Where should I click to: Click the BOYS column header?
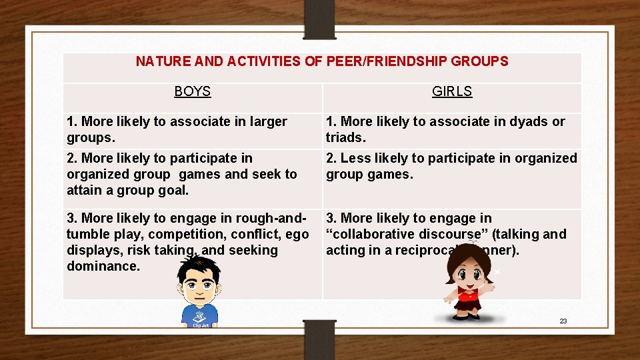coord(192,91)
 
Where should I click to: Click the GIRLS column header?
coord(452,91)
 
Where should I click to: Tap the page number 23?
coord(563,321)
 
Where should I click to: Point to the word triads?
coord(345,137)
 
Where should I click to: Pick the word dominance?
coord(103,266)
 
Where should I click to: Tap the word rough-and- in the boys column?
coord(272,218)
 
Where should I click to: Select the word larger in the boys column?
coord(267,121)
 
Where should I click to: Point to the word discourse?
coord(450,234)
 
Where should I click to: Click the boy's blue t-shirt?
coord(199,313)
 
